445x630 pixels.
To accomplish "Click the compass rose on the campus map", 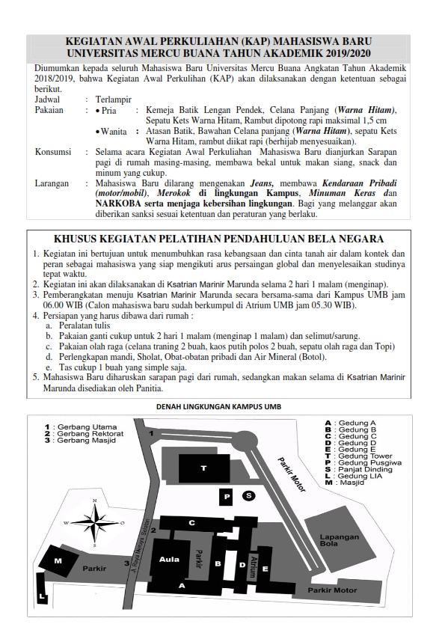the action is click(x=95, y=523).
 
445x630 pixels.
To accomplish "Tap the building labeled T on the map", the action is click(x=204, y=468).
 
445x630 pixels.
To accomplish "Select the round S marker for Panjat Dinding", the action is click(x=248, y=496).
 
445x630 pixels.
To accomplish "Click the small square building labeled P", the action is click(x=227, y=497).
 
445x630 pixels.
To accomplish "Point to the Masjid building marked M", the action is click(x=59, y=560).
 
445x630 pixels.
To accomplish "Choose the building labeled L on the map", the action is click(x=42, y=588).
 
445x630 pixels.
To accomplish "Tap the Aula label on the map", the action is click(x=169, y=559).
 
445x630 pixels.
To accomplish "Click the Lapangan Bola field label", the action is click(x=340, y=540).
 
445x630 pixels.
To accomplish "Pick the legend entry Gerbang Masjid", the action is click(x=80, y=441).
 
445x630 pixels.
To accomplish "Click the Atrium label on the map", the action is click(x=253, y=566).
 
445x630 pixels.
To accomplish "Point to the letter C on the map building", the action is click(x=191, y=523).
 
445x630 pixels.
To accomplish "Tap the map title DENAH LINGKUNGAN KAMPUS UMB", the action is click(x=219, y=406).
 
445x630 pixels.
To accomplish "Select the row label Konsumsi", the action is click(x=53, y=152).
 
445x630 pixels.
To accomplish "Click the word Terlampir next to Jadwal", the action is click(x=113, y=100).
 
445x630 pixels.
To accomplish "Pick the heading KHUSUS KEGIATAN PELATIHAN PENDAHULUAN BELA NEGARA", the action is click(x=219, y=239).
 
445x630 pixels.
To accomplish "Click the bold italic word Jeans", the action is click(x=263, y=183).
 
